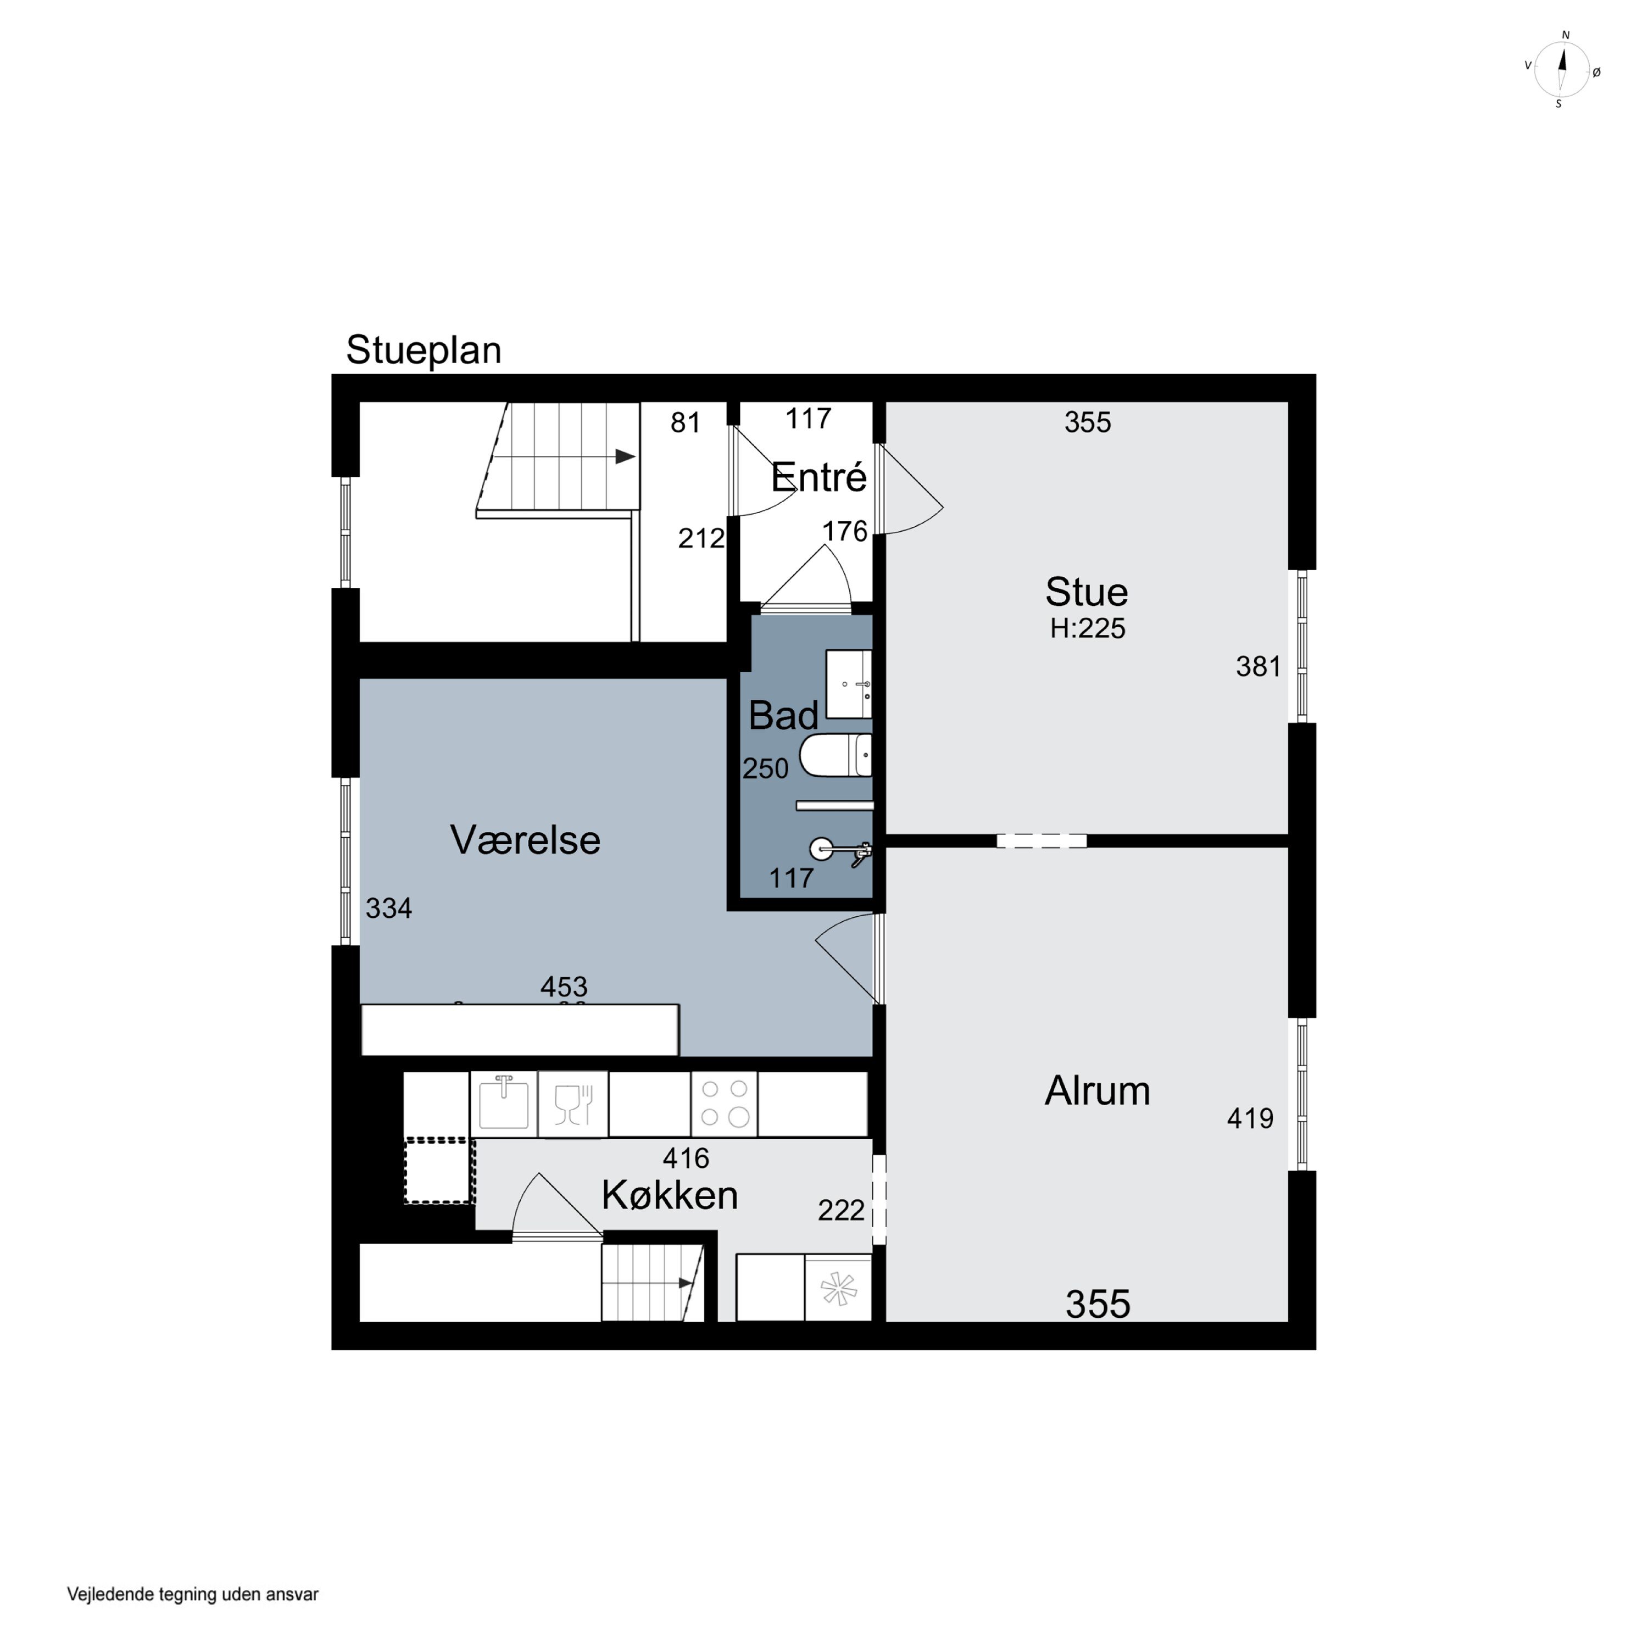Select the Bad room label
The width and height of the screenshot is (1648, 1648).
pos(783,715)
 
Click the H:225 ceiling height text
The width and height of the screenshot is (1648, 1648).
pos(1088,628)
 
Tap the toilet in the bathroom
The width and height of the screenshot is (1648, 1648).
pos(836,755)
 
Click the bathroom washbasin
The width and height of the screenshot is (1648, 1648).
pos(849,684)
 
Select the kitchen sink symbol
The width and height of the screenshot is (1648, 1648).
pos(503,1104)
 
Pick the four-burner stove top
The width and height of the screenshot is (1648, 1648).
pos(724,1104)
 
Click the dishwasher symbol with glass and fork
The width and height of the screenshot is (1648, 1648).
pos(573,1104)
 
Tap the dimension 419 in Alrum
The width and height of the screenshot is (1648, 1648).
pos(1250,1118)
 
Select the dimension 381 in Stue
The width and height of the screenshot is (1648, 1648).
pos(1258,666)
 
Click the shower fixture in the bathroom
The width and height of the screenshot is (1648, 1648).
pos(841,850)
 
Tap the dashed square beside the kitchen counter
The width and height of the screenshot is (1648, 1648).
pos(438,1171)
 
